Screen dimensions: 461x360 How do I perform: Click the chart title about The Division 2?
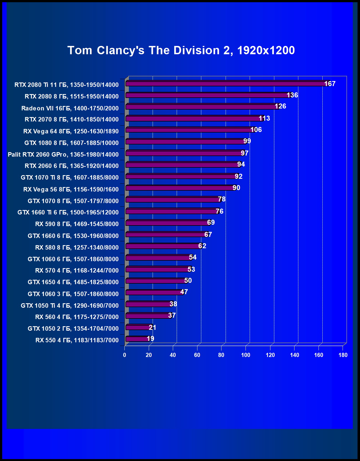tap(181, 50)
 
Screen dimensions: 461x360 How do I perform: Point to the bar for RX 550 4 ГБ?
tap(137, 339)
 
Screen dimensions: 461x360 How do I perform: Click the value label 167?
tap(330, 84)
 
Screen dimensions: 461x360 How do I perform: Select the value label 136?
tap(292, 95)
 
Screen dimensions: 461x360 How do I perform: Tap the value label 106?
tap(256, 130)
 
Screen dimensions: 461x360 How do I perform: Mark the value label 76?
tap(220, 211)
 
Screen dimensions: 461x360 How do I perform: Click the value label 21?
tap(152, 328)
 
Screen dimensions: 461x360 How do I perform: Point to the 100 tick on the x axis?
tap(246, 355)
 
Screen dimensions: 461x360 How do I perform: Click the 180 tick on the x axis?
tap(343, 355)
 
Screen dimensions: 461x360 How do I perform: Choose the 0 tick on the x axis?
tap(125, 355)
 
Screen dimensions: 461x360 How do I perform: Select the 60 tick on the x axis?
tap(197, 355)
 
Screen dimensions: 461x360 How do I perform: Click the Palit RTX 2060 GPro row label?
tap(63, 154)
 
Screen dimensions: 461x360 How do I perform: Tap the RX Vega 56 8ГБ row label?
tap(71, 189)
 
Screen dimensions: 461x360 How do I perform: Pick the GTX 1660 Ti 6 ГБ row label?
tap(68, 212)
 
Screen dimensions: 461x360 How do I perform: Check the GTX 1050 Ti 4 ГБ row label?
tap(70, 305)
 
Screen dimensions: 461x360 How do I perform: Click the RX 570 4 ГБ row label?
tap(77, 270)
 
